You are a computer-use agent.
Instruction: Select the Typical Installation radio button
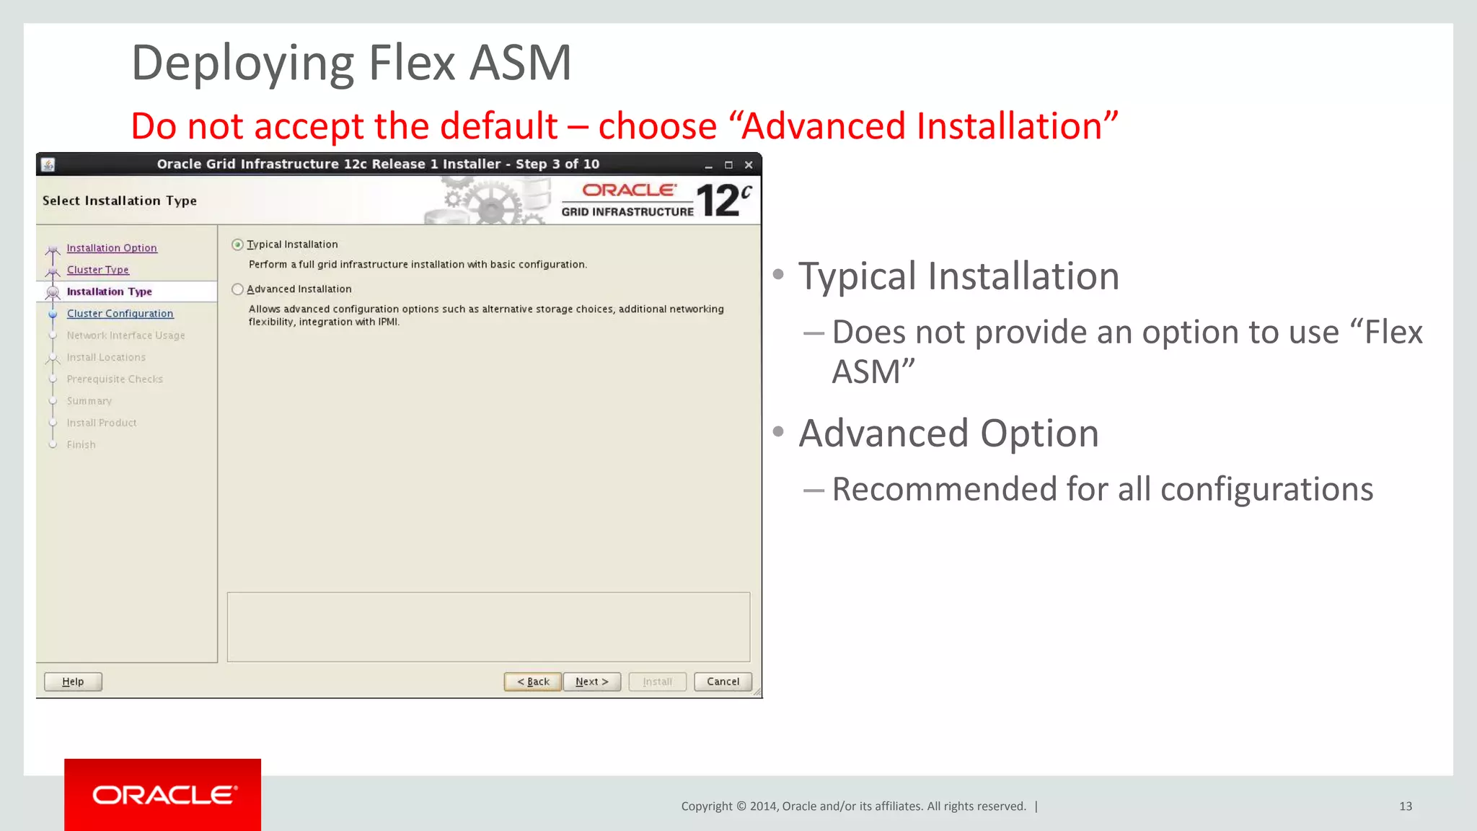point(238,245)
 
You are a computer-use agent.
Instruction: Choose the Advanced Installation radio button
point(238,289)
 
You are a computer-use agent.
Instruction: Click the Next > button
point(591,682)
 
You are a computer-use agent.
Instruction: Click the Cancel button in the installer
point(723,682)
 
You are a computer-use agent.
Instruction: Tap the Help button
point(73,682)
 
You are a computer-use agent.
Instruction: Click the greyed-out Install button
point(657,682)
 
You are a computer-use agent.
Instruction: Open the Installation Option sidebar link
point(112,248)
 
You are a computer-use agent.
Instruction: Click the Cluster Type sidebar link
point(98,270)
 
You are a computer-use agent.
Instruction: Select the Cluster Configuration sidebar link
point(120,314)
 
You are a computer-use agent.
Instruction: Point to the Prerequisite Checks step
point(115,379)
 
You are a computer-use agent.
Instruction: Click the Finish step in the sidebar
point(81,445)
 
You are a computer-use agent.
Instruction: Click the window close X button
point(749,165)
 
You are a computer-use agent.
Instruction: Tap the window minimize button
point(708,165)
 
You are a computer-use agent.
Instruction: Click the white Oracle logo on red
point(163,795)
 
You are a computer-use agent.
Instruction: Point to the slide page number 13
point(1405,806)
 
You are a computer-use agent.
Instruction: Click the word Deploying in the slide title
point(242,63)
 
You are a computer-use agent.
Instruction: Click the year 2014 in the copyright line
point(763,806)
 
